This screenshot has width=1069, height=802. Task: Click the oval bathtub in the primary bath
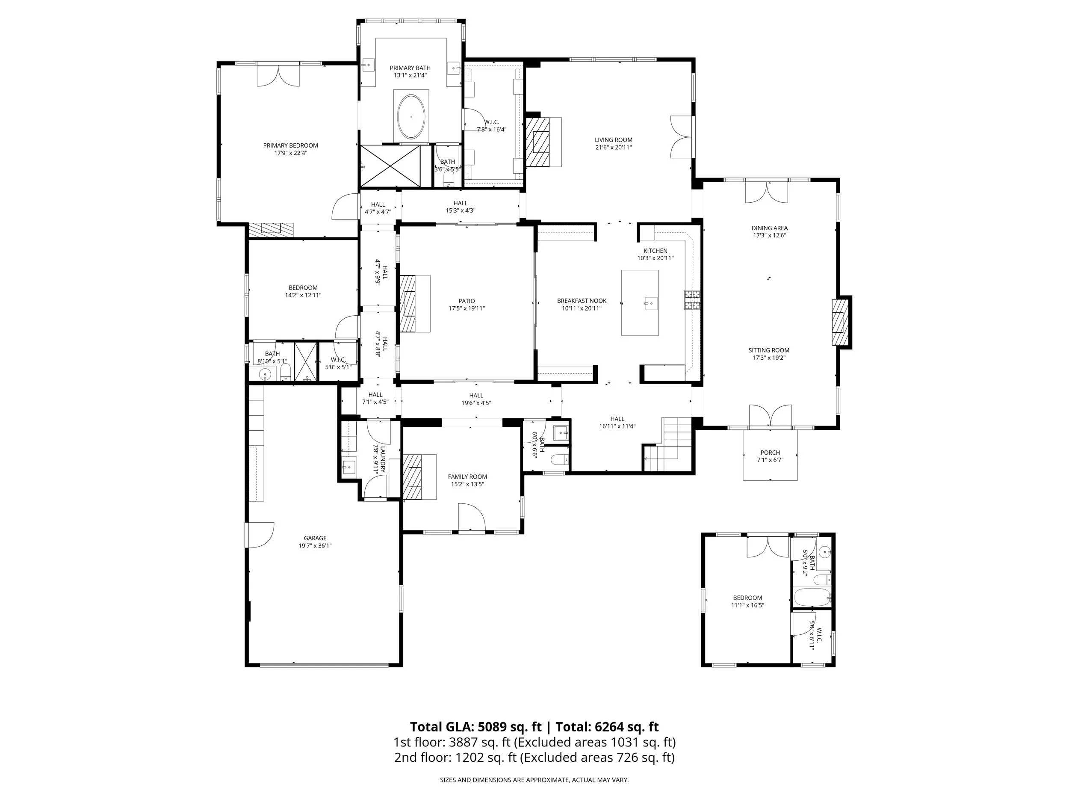tap(411, 117)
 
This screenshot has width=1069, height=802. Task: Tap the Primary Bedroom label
tap(290, 145)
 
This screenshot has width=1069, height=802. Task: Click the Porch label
tap(770, 453)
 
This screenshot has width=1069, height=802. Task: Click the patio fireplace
tap(408, 303)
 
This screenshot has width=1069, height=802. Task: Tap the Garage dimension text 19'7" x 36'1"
tap(315, 546)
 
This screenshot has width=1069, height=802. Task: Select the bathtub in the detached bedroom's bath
tap(812, 597)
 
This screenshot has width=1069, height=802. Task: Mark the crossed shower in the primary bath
tap(390, 166)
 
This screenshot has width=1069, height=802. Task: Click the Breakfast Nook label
tap(582, 301)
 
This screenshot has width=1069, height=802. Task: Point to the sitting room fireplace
tap(840, 322)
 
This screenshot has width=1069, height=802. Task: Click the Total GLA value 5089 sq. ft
tap(510, 727)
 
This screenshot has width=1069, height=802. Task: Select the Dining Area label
tap(769, 228)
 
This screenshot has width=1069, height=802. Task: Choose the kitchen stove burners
tap(692, 300)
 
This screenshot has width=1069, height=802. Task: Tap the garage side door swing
tap(261, 535)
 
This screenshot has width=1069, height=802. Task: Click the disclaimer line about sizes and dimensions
tap(534, 780)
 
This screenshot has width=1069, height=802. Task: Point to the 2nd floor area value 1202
tap(470, 758)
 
